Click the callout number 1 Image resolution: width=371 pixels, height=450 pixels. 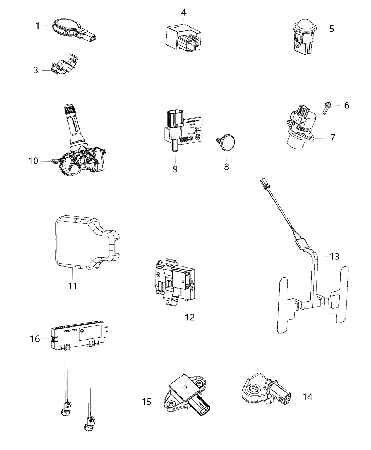coord(37,26)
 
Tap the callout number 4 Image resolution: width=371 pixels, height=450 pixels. coord(183,12)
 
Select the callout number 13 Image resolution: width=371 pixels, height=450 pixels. coord(335,256)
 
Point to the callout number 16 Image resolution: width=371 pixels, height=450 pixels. coord(35,339)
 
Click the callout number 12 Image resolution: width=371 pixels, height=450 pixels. coord(190,317)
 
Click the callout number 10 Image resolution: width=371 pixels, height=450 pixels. coord(33,161)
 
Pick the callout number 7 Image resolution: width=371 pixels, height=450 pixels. coord(332,138)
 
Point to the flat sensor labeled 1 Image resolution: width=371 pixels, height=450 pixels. coord(67,29)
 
